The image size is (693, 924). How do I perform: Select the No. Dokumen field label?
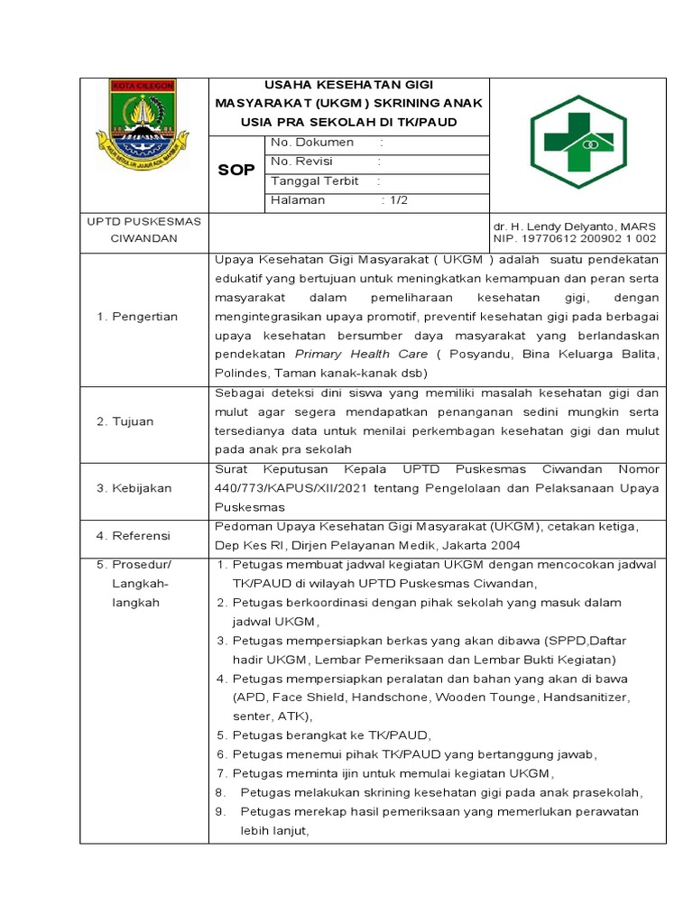(x=312, y=143)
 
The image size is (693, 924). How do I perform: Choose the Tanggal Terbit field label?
(x=315, y=180)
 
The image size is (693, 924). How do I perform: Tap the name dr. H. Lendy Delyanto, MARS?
(x=574, y=226)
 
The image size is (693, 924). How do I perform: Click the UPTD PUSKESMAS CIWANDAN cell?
(x=143, y=230)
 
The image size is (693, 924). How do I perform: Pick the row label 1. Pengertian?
(x=137, y=317)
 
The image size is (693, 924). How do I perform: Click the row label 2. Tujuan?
(x=125, y=421)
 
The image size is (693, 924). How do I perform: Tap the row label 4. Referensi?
(x=133, y=536)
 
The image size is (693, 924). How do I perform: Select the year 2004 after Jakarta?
(x=505, y=545)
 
